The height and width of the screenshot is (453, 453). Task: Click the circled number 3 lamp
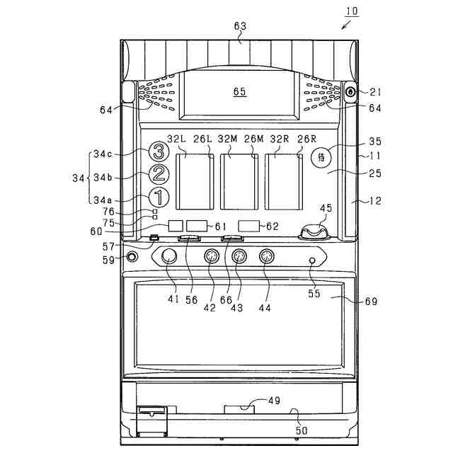159,151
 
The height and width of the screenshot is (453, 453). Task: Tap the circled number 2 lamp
159,173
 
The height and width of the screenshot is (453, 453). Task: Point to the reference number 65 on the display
239,92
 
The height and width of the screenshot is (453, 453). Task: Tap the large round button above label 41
169,257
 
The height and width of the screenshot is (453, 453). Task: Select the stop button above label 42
211,257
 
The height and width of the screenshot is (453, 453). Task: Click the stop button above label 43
239,257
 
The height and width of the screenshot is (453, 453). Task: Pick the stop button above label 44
266,257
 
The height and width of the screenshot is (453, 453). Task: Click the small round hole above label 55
313,260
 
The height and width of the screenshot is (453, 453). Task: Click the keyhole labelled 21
350,92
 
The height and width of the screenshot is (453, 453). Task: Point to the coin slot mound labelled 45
315,232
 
